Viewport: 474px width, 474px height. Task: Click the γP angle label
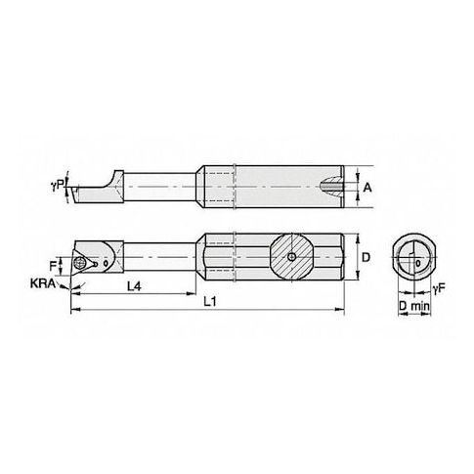coord(57,186)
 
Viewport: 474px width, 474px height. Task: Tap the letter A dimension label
coord(367,188)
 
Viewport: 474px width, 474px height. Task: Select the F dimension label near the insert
coord(53,266)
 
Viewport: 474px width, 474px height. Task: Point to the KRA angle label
coord(43,283)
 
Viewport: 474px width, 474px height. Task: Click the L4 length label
coord(134,286)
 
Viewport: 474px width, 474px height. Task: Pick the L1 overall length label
coord(210,302)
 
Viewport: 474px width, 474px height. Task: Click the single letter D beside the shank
coord(366,257)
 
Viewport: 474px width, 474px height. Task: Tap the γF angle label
coord(439,288)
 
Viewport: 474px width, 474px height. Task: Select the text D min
coord(414,306)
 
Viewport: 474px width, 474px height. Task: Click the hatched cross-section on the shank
coord(291,257)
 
